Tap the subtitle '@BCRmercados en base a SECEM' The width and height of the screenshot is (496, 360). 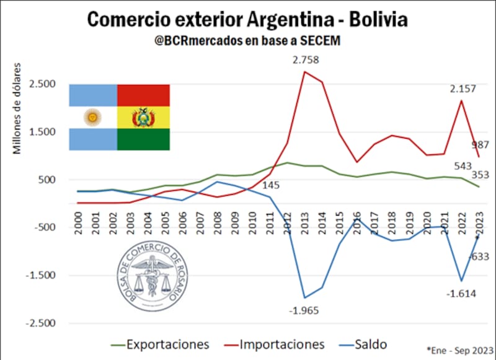[x=247, y=40]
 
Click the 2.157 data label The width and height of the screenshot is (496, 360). [x=463, y=89]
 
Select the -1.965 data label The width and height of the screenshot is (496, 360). [x=304, y=310]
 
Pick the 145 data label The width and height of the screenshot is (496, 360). [x=270, y=185]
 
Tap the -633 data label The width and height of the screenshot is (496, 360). [x=479, y=256]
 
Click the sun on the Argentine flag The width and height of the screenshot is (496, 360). [x=93, y=116]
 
